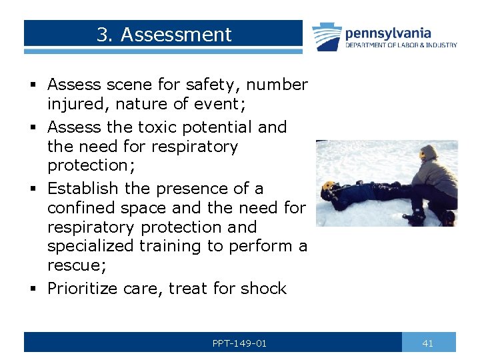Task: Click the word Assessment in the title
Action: (176, 35)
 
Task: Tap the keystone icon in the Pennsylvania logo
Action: (327, 36)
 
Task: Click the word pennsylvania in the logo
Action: (388, 33)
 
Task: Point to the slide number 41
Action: (428, 343)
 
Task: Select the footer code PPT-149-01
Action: (239, 343)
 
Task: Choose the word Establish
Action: (79, 189)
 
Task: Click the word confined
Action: (79, 208)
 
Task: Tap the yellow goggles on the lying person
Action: (327, 186)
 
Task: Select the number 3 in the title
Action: (102, 35)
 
